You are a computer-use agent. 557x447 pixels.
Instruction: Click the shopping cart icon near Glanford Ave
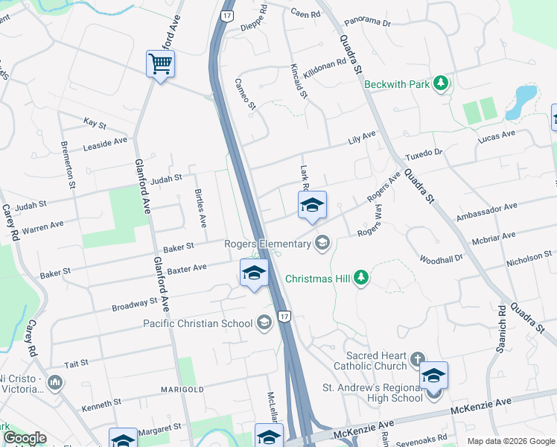160,64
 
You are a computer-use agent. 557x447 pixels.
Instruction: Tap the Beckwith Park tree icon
441,83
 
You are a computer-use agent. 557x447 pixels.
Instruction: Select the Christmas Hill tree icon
361,278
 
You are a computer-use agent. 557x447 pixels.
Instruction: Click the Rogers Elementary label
267,244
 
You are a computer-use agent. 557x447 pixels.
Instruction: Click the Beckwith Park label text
397,84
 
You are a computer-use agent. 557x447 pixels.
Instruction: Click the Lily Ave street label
363,139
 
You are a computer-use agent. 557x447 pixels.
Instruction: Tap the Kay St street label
95,121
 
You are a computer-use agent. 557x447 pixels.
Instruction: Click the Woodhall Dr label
442,258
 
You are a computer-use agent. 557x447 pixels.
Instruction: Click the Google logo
25,439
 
